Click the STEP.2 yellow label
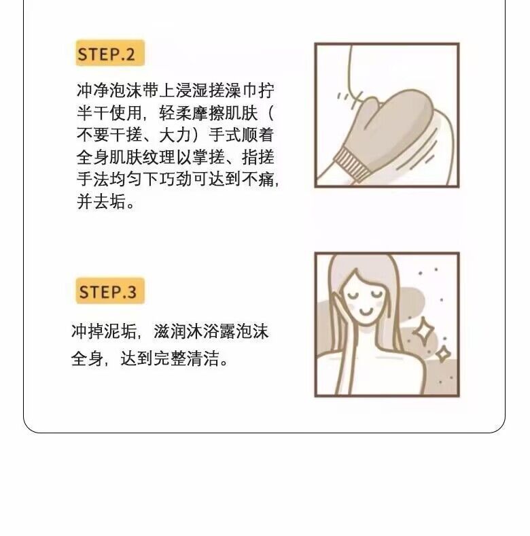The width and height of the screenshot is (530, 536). (x=110, y=52)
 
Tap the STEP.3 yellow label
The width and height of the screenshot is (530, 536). (x=110, y=290)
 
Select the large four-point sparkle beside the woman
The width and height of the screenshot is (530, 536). (x=423, y=331)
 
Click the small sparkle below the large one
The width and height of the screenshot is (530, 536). (x=444, y=354)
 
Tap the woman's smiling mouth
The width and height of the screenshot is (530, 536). (x=366, y=312)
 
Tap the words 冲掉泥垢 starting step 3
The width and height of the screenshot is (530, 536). (x=104, y=331)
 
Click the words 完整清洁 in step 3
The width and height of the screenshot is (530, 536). (x=186, y=358)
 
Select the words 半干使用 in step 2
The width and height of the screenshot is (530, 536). (x=109, y=112)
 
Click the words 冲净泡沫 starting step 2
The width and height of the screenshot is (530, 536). (x=109, y=90)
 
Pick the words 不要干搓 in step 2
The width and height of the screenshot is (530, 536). (x=109, y=135)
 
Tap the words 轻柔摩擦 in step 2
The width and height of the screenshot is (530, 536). (x=192, y=112)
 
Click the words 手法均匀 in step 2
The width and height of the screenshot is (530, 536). (x=109, y=179)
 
